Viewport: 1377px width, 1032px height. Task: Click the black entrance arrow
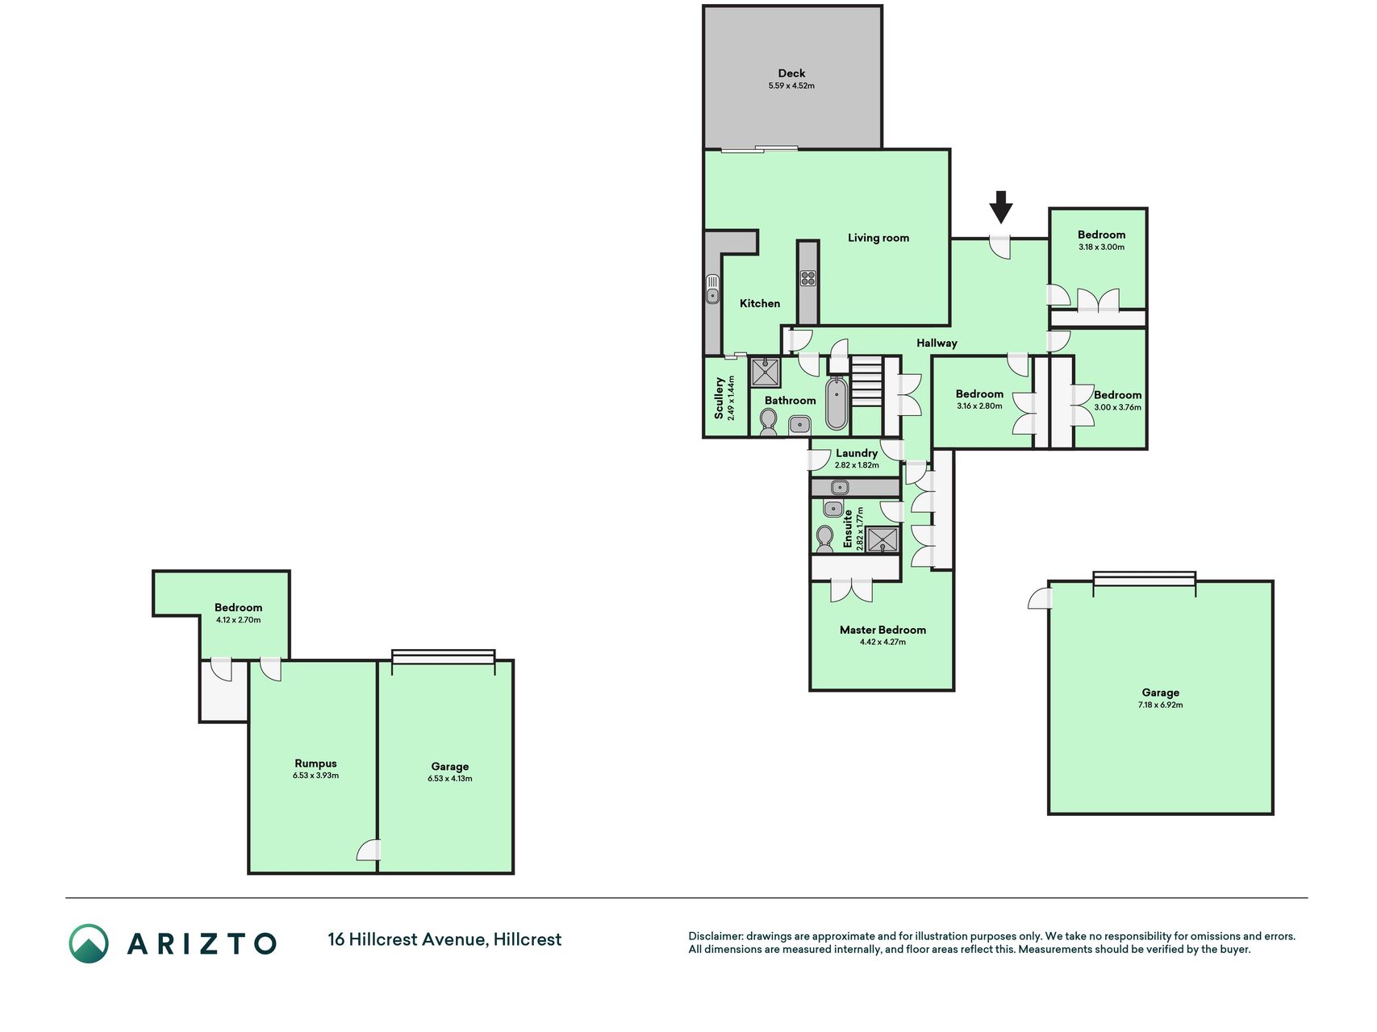click(1001, 207)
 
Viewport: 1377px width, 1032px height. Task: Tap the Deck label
click(791, 73)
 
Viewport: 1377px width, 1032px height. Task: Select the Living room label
click(878, 238)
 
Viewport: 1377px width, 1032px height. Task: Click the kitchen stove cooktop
click(808, 279)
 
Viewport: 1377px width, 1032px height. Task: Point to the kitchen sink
click(713, 289)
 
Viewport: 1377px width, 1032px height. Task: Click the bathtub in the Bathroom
click(837, 403)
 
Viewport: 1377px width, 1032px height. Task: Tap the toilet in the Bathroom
click(769, 422)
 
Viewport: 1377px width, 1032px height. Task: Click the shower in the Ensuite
click(883, 539)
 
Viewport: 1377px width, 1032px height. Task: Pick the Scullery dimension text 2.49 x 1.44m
click(732, 397)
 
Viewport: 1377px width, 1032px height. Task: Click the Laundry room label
click(857, 453)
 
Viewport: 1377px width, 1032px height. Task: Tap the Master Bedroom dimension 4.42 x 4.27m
click(883, 643)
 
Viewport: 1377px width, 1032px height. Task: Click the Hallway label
click(937, 343)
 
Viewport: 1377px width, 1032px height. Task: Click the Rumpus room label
click(315, 764)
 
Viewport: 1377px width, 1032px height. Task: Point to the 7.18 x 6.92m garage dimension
click(1160, 705)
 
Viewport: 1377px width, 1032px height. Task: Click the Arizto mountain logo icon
click(88, 943)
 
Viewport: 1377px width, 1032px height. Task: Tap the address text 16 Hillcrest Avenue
click(407, 939)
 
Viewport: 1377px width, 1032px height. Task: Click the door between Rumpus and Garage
click(369, 850)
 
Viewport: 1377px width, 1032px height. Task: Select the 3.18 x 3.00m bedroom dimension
click(1101, 248)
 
